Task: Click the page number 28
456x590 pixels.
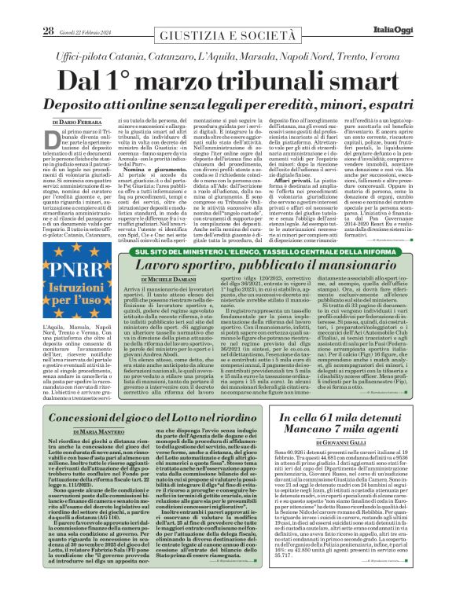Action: click(49, 9)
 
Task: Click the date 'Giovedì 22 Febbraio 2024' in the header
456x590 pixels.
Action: click(86, 10)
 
